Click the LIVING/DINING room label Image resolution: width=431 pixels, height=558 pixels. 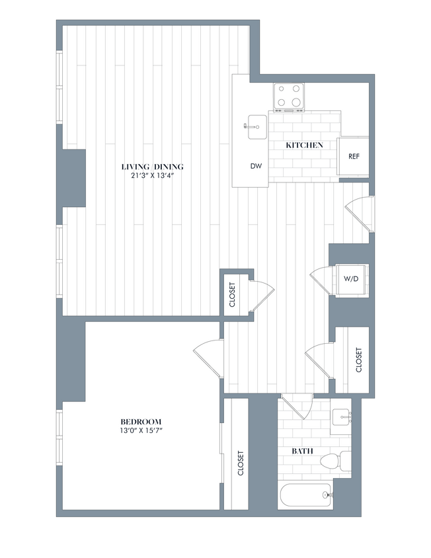152,166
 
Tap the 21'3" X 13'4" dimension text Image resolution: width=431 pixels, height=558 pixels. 152,175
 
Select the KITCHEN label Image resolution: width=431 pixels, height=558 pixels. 303,145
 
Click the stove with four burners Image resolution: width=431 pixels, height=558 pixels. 289,96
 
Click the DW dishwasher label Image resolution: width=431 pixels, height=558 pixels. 256,167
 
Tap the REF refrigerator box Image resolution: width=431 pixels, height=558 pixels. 354,157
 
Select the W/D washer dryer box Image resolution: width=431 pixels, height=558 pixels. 350,279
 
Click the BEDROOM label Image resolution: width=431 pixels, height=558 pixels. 141,421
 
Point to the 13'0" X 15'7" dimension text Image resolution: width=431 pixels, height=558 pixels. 141,430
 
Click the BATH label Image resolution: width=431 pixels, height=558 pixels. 303,452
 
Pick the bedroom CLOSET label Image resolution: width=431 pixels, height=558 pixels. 240,465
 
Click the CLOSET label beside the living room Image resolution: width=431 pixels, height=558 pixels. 232,296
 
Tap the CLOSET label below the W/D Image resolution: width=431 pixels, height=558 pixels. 359,361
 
